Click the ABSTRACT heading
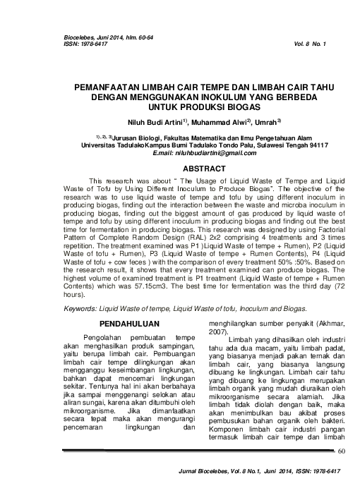coord(204,169)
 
